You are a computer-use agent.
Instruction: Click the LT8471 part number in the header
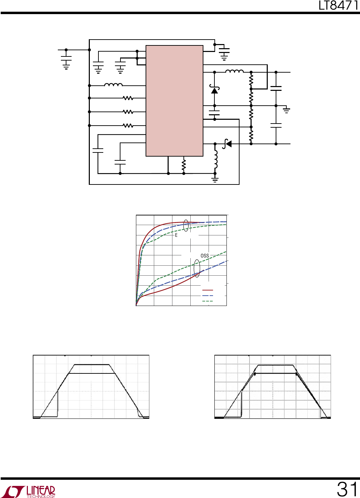tap(339, 6)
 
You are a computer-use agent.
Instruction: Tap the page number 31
tap(347, 489)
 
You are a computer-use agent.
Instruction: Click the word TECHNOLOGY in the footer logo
tap(41, 496)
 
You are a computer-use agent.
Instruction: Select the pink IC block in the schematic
tap(174, 101)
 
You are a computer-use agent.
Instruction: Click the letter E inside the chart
tap(176, 235)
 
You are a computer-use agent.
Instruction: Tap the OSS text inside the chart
tap(205, 256)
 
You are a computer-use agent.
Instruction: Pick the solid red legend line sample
tap(208, 290)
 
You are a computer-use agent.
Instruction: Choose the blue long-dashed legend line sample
tap(208, 296)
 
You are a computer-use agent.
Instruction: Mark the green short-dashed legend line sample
tap(208, 301)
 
